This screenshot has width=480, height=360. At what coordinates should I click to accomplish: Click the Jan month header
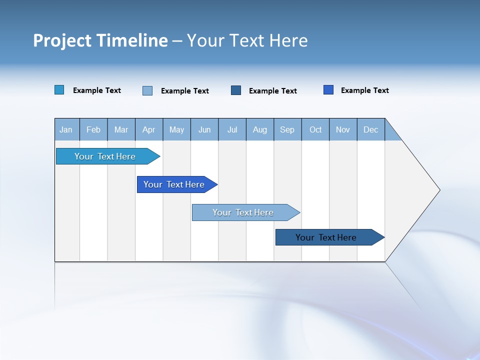[66, 129]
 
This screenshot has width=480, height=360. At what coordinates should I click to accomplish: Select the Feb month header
[93, 129]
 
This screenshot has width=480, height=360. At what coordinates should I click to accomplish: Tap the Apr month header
[149, 129]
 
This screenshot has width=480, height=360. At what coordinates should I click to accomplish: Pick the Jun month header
[204, 129]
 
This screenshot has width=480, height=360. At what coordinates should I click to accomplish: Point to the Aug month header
[260, 129]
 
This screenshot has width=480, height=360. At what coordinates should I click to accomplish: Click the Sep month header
[287, 129]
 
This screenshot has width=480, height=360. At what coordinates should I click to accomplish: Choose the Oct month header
[315, 129]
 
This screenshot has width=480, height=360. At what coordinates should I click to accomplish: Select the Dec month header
[371, 129]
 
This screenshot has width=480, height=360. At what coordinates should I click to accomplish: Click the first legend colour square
[59, 90]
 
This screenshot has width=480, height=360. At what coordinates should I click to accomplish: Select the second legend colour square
[147, 90]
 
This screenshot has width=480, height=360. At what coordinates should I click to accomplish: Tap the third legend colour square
[236, 90]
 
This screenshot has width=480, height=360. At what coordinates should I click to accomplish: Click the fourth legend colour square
[328, 90]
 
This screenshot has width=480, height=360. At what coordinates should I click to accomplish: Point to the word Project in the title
[55, 40]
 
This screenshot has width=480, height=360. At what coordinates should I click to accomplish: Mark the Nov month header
[343, 129]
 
